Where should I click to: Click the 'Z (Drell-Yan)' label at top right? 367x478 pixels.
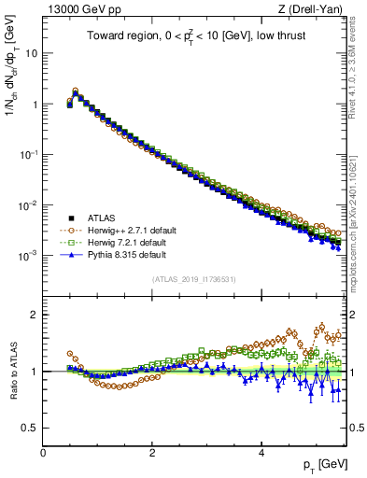coord(315,10)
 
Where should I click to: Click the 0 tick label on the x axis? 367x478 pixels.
coord(43,453)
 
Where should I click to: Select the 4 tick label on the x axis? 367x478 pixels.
coord(261,453)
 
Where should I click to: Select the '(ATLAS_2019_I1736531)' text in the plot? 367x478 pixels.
coord(195,278)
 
